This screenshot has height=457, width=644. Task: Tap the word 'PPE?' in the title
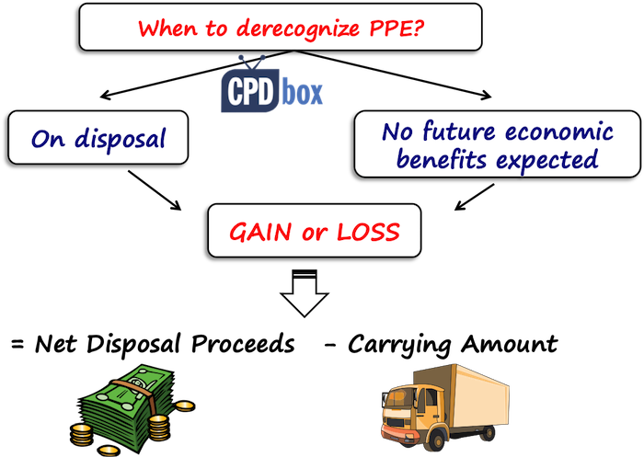pyautogui.click(x=397, y=28)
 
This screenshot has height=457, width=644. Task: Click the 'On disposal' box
pyautogui.click(x=98, y=138)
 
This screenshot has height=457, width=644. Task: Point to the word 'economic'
pyautogui.click(x=559, y=131)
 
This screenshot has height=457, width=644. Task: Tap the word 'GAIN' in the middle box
pyautogui.click(x=260, y=232)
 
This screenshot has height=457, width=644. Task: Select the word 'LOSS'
pyautogui.click(x=368, y=232)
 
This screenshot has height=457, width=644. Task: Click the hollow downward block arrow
pyautogui.click(x=305, y=293)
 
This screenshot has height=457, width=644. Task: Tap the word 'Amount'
pyautogui.click(x=510, y=343)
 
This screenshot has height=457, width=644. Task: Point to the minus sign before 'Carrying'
pyautogui.click(x=329, y=346)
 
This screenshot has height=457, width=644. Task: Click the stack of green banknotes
pyautogui.click(x=127, y=406)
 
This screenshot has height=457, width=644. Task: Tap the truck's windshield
pyautogui.click(x=397, y=400)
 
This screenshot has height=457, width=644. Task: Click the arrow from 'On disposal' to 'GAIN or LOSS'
pyautogui.click(x=155, y=190)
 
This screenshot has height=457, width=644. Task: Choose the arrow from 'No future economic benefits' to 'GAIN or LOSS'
pyautogui.click(x=475, y=197)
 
